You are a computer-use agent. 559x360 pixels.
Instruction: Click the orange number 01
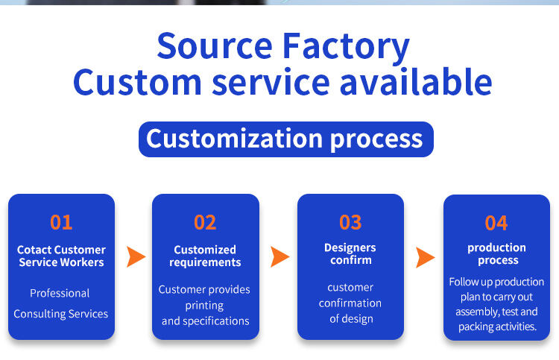point(61,222)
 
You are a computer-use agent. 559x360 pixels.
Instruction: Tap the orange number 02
point(205,222)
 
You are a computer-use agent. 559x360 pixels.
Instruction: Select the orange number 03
point(350,222)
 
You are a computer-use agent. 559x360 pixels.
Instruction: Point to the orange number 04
point(496,223)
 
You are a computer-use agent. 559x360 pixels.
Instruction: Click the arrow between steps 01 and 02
point(136,256)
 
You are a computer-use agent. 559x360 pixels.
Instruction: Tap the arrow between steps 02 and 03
point(279,256)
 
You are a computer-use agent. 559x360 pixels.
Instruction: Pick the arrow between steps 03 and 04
point(425,257)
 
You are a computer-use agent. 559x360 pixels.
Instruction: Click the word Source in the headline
point(215,46)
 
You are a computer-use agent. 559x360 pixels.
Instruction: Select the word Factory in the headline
point(346,48)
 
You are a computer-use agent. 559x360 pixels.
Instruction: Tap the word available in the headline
point(416,82)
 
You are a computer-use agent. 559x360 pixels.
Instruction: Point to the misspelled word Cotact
point(34,250)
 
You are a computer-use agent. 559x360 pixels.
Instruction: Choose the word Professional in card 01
point(60,293)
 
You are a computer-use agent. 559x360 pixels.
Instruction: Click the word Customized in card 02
point(205,250)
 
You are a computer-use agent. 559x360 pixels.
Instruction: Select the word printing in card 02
point(204,306)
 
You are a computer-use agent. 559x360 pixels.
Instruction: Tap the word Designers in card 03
point(350,247)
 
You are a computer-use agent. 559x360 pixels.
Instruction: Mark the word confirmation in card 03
point(350,303)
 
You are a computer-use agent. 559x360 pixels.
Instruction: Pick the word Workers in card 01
point(83,262)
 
